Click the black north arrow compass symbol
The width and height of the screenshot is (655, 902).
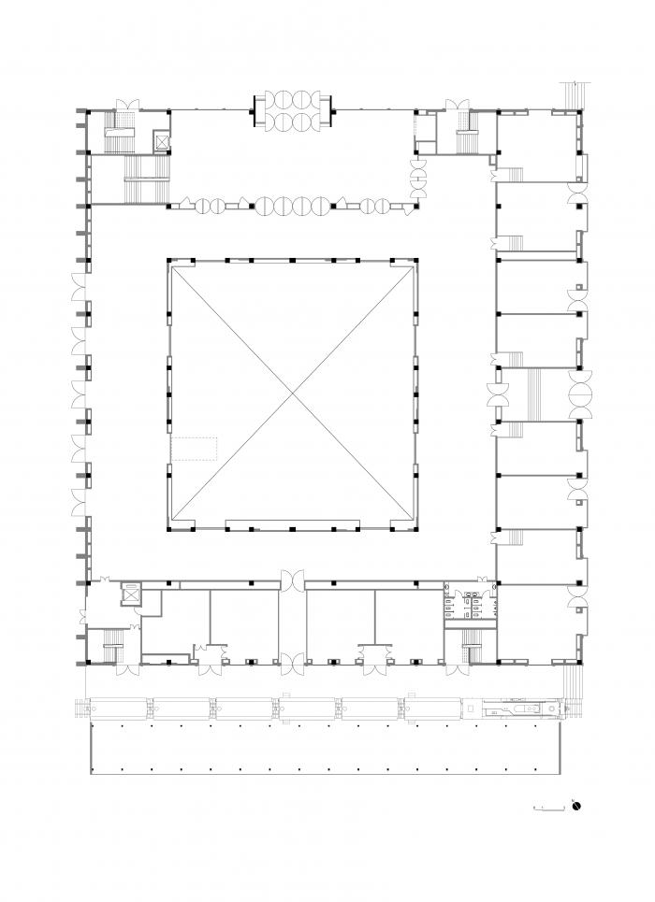click(x=577, y=805)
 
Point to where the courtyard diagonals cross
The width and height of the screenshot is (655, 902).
click(x=293, y=394)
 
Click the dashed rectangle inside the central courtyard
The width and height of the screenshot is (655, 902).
click(x=194, y=449)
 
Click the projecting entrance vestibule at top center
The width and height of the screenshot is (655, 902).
click(x=292, y=109)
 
